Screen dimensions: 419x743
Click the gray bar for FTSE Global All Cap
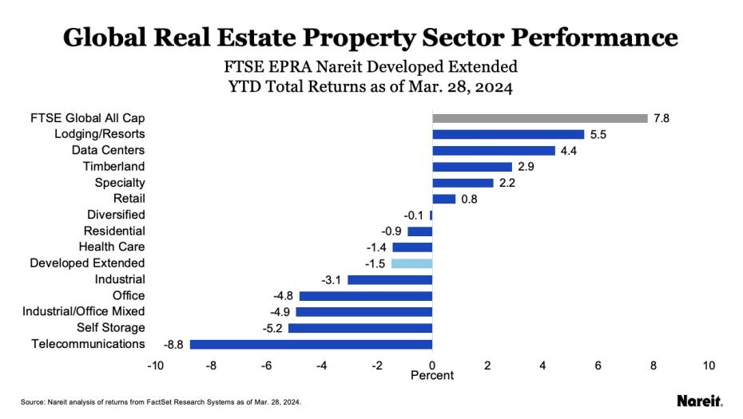click(x=539, y=118)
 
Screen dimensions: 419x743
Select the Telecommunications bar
click(x=311, y=344)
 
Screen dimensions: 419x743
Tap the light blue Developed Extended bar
click(x=411, y=263)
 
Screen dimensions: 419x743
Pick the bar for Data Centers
click(x=493, y=151)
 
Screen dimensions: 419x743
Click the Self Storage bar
click(x=360, y=328)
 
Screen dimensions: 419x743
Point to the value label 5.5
click(x=598, y=135)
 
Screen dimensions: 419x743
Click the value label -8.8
click(x=175, y=344)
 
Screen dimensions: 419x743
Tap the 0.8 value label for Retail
click(x=469, y=199)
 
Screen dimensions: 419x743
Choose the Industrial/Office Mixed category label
click(x=84, y=311)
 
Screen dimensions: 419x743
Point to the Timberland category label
click(x=113, y=166)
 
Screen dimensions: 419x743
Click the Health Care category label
click(x=112, y=247)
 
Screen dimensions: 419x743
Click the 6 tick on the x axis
click(x=598, y=365)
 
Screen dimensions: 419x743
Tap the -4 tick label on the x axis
click(x=321, y=365)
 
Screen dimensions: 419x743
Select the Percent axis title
click(x=431, y=375)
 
